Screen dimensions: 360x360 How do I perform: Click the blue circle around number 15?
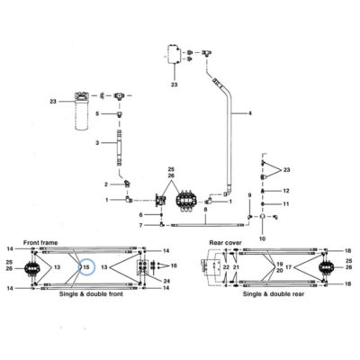coord(78,267)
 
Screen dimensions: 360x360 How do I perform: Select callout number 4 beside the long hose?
coord(250,113)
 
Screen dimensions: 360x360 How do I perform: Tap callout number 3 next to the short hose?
coord(97,143)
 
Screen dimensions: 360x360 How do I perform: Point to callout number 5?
coord(97,113)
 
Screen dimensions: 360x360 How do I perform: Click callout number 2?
coord(106,184)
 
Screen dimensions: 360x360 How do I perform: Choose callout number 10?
coord(262,239)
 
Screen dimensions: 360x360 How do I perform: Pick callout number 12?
coord(286,191)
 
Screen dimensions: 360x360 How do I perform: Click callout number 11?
coord(286,204)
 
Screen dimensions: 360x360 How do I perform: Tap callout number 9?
coord(249,195)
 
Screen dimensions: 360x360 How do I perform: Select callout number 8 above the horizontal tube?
coord(205,211)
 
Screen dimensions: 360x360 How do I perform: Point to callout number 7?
coord(141,225)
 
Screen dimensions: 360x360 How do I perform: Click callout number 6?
coord(141,215)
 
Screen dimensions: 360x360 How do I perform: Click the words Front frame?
coord(40,242)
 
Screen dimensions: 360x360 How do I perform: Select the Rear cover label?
coord(225,242)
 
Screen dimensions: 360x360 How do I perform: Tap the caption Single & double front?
coord(91,294)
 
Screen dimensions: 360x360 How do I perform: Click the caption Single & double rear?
coord(274,294)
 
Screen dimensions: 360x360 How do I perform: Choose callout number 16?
coord(174,265)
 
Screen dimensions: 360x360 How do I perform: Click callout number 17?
coord(288,266)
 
